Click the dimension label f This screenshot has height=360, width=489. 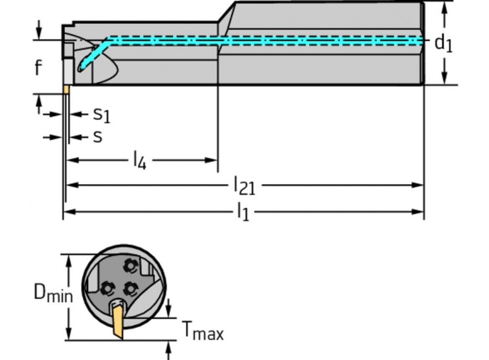38,68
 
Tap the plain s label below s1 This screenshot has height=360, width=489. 97,137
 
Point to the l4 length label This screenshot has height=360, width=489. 139,161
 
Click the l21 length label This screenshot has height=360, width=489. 244,185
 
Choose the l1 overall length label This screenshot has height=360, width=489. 243,212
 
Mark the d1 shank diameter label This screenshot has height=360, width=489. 444,44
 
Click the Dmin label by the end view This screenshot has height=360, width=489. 53,293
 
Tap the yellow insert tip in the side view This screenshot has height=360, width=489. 65,90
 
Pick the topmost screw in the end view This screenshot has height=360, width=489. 130,266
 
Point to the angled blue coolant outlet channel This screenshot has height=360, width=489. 93,55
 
